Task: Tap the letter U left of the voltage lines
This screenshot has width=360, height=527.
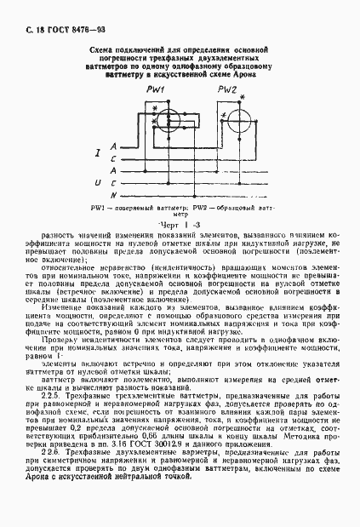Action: click(x=99, y=182)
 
